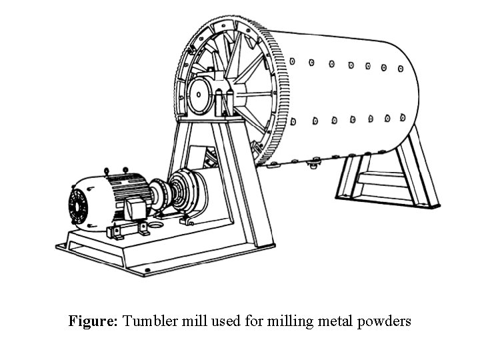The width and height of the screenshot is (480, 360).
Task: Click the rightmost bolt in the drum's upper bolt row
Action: [x=400, y=68]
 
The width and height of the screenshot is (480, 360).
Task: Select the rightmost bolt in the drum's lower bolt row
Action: [x=403, y=116]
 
